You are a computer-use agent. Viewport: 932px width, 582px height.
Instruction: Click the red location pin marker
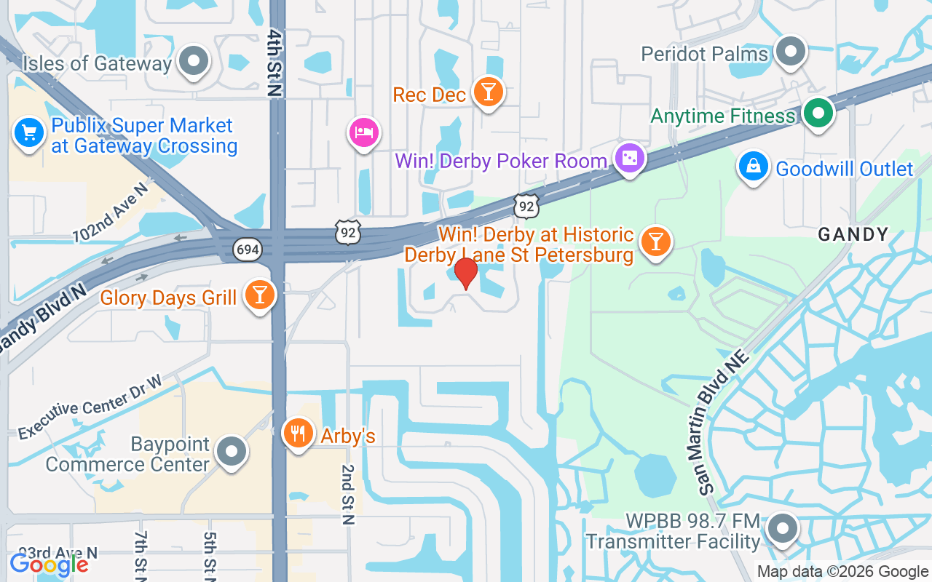[x=465, y=274]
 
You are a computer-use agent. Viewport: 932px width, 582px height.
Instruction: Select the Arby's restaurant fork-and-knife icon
[x=298, y=434]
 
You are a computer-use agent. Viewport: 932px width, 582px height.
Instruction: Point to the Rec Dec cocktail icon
[x=488, y=92]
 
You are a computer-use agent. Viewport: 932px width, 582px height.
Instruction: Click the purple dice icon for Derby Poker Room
[x=629, y=158]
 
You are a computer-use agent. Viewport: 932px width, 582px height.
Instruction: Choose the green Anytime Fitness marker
[x=818, y=114]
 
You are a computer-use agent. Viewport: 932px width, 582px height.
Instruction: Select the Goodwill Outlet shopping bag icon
[x=754, y=167]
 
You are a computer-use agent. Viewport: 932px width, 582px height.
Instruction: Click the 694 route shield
[x=248, y=250]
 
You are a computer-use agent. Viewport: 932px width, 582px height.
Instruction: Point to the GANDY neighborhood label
[x=853, y=234]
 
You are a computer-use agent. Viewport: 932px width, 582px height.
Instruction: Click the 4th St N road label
[x=275, y=63]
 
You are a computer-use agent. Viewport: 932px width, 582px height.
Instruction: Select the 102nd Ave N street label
[x=110, y=212]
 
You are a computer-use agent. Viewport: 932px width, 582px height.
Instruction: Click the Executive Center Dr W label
[x=90, y=407]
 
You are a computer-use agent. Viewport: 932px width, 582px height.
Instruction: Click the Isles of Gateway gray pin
[x=194, y=62]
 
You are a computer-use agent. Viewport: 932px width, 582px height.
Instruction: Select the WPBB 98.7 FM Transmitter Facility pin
[x=783, y=529]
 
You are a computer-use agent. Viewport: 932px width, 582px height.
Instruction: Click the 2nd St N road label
[x=348, y=495]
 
